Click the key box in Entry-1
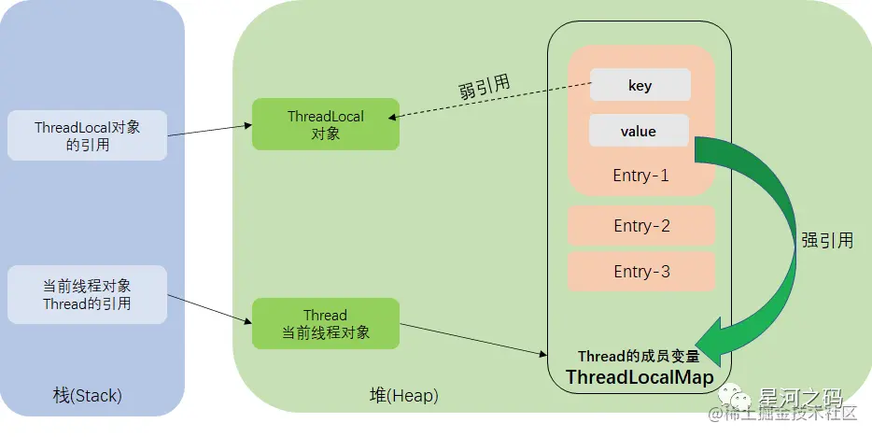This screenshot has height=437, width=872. point(640,85)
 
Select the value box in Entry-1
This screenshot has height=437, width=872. point(639,131)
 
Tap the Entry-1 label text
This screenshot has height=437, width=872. point(640,176)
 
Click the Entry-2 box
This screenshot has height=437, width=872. point(640,225)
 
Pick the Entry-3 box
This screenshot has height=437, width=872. point(640,271)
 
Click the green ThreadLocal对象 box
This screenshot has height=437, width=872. point(326,123)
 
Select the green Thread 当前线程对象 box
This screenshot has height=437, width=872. point(326,324)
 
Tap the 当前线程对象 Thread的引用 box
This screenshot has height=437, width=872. point(87,294)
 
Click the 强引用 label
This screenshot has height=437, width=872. point(826,239)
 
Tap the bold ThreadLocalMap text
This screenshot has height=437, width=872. point(640,376)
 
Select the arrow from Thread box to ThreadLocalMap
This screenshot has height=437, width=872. point(472,339)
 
